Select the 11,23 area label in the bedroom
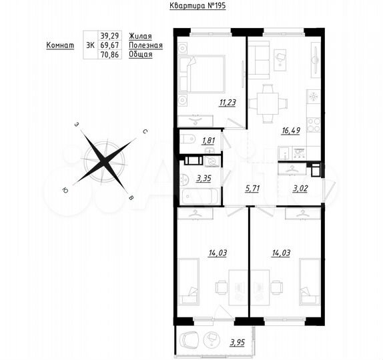pyautogui.click(x=210, y=103)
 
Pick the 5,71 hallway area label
pyautogui.click(x=252, y=189)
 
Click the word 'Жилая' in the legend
pyautogui.click(x=140, y=35)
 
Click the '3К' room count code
pyautogui.click(x=90, y=45)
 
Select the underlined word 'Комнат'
pyautogui.click(x=60, y=45)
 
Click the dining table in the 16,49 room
pyautogui.click(x=268, y=103)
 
